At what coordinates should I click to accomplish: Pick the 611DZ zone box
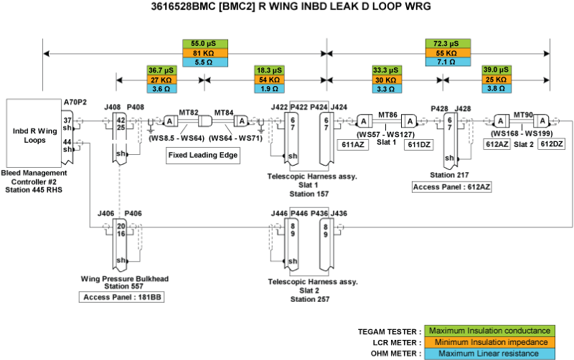pyautogui.click(x=419, y=145)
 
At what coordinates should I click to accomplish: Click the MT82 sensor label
pyautogui.click(x=188, y=113)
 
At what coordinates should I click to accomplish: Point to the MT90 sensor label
pyautogui.click(x=523, y=114)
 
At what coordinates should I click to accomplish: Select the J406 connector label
pyautogui.click(x=105, y=213)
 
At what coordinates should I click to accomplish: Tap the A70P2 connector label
pyautogui.click(x=75, y=103)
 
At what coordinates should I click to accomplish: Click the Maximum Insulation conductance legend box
pyautogui.click(x=489, y=331)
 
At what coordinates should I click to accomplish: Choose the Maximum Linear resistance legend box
pyautogui.click(x=489, y=353)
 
